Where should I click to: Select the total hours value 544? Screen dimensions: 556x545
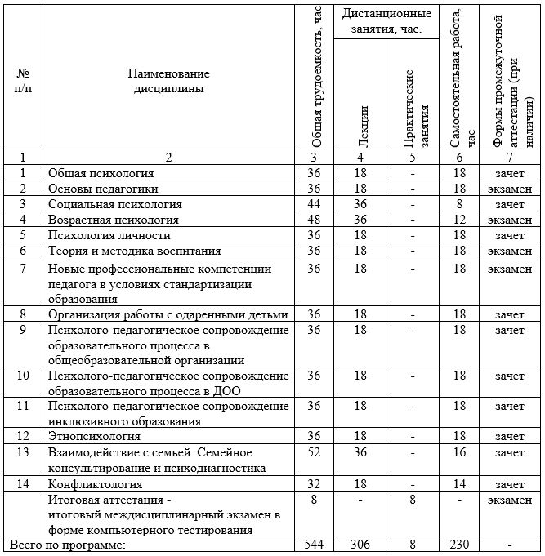pos(314,545)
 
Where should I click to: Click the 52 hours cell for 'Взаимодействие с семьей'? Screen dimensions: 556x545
pos(314,452)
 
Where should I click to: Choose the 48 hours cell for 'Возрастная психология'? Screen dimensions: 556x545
pos(314,220)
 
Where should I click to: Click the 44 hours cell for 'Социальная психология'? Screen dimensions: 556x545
pos(314,204)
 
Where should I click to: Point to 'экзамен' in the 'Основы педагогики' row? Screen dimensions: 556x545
pos(510,189)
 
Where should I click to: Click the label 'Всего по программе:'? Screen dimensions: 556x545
pos(67,545)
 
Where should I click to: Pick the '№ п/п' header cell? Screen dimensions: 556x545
pos(23,82)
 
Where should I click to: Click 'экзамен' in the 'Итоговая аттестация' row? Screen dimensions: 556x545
pos(510,499)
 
